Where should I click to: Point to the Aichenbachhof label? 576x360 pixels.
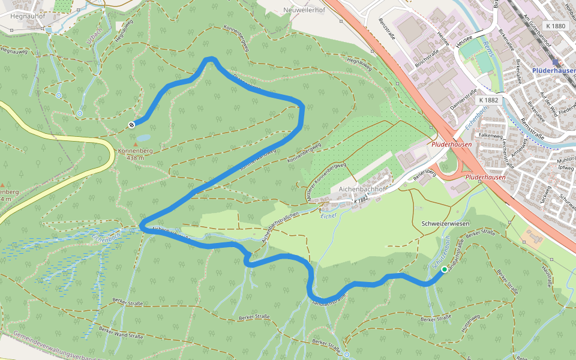point(361,188)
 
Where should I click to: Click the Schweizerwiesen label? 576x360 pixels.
point(445,223)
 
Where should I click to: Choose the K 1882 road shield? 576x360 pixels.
point(489,100)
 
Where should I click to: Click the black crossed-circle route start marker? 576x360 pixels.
point(131,124)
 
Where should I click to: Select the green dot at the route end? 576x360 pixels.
point(445,270)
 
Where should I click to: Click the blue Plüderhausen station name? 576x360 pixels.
point(553,70)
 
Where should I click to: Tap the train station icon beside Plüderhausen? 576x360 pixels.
point(556,62)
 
